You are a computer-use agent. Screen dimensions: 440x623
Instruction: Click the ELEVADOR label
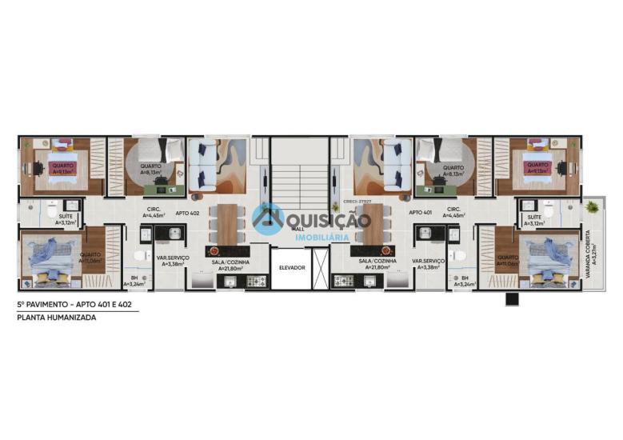click(292, 267)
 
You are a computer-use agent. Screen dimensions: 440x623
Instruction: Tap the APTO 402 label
click(187, 213)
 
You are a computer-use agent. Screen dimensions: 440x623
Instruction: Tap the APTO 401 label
click(420, 213)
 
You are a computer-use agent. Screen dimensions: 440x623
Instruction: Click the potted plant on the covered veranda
click(592, 207)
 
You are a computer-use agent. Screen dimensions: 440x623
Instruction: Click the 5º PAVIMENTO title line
click(77, 306)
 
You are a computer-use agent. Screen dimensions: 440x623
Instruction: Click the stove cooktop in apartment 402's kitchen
click(256, 281)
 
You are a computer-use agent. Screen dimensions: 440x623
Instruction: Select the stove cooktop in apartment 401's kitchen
click(344, 281)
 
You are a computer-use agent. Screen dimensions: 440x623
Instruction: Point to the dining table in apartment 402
click(227, 223)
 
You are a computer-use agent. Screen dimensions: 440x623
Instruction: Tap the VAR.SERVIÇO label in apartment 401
click(428, 262)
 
